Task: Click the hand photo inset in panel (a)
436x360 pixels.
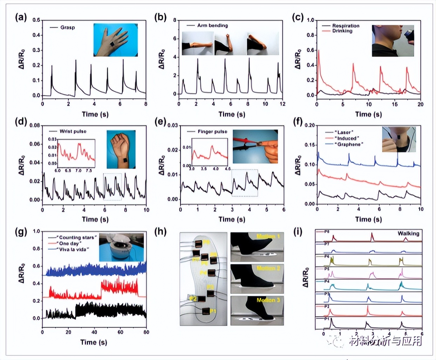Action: point(115,40)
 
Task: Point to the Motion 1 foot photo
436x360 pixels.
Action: point(257,247)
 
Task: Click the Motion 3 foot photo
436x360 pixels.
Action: point(257,310)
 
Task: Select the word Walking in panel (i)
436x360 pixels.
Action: point(408,234)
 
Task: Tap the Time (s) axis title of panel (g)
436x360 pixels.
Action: point(94,342)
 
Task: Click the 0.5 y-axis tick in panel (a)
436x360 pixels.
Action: point(36,20)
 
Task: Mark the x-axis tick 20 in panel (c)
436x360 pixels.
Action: point(420,104)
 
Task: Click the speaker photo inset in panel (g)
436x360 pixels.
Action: point(121,247)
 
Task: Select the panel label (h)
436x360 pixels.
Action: point(161,232)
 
